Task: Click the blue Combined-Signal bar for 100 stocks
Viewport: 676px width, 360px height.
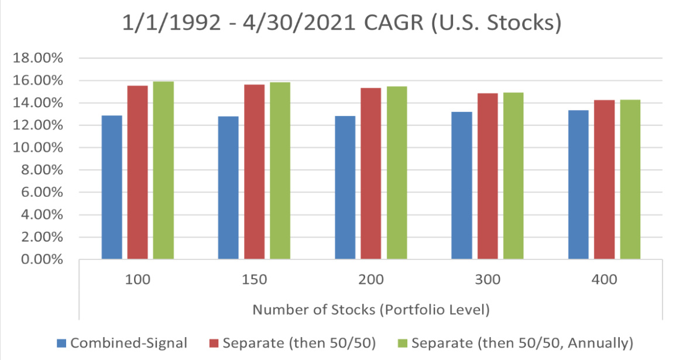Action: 112,187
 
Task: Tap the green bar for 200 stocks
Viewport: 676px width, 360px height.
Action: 397,173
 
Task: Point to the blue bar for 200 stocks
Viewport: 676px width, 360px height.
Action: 345,187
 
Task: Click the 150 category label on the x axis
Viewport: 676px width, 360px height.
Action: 254,280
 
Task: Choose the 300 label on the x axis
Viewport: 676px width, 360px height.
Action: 488,280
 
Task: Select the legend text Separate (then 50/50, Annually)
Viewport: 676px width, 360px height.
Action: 522,342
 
